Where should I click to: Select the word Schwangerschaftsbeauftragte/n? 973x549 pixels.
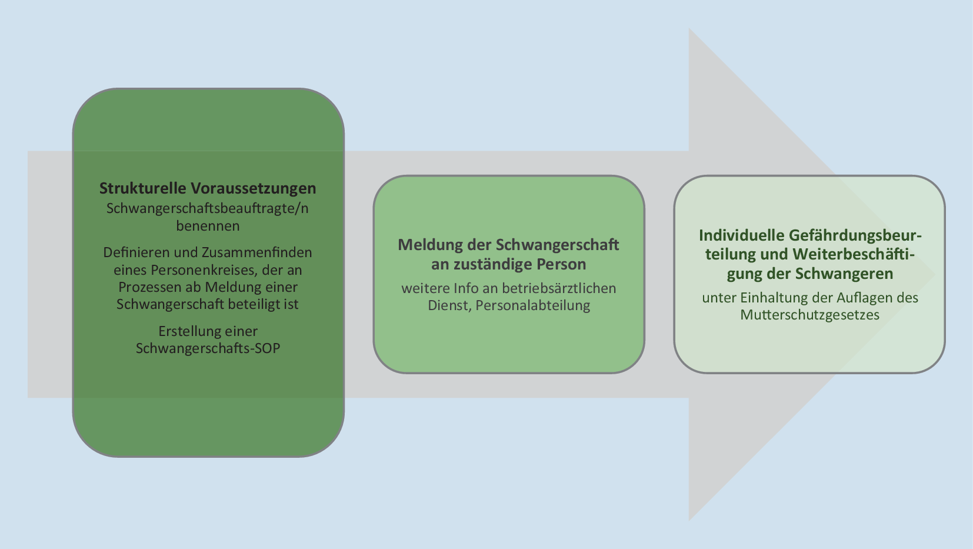(x=208, y=208)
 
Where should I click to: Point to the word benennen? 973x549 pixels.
(x=208, y=226)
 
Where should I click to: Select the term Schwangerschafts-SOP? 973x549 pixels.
(x=208, y=348)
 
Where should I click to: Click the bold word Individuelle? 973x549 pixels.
(x=741, y=235)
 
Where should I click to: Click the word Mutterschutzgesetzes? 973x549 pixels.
(x=809, y=315)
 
